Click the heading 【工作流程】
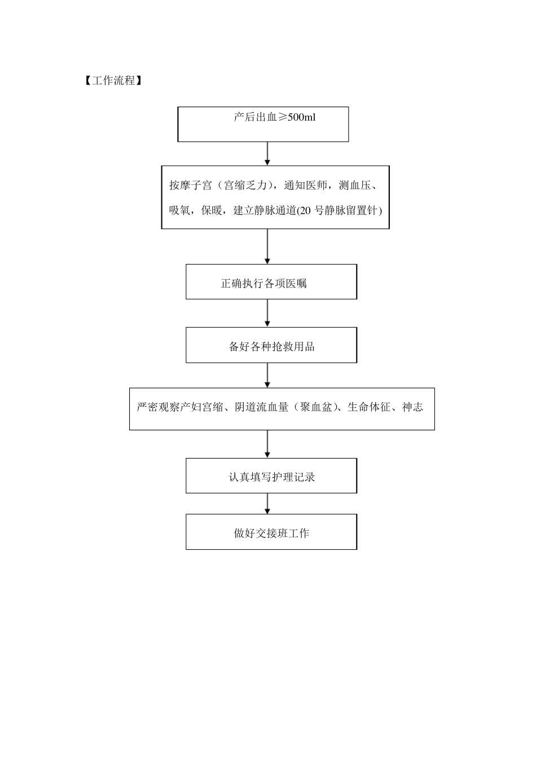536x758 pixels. point(111,81)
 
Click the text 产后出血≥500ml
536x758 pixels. point(274,117)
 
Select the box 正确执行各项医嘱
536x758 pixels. point(271,282)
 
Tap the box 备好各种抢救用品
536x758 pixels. point(271,345)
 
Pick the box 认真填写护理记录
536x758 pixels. point(271,476)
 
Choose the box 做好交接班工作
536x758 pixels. point(271,532)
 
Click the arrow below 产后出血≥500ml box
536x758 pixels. point(267,153)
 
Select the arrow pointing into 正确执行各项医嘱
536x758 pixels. point(267,246)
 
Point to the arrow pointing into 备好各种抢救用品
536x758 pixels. point(267,313)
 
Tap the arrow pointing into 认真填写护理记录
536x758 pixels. point(267,444)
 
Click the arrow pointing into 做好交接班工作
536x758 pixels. point(267,503)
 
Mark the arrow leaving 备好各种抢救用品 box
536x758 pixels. point(267,375)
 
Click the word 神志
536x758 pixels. point(412,407)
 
